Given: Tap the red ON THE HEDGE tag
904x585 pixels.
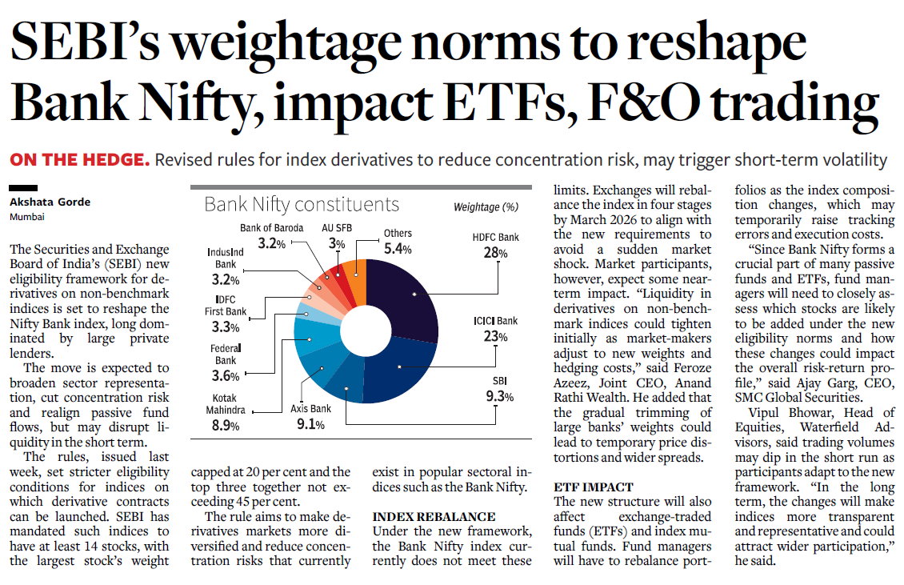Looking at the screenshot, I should (79, 160).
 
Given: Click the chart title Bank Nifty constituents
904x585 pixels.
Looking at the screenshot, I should (302, 204).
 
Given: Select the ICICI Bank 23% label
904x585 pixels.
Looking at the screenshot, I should (495, 329).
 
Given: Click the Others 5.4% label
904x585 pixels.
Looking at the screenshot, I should (398, 241).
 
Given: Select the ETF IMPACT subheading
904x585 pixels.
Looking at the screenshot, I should (594, 487).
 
